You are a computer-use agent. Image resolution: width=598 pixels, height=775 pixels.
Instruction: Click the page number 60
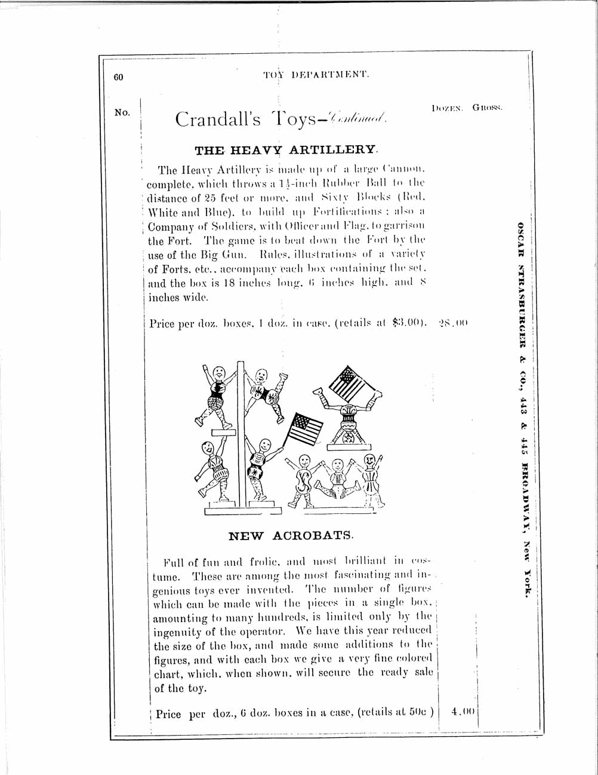pos(118,77)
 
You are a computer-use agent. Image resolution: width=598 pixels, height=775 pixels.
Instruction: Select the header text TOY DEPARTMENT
pos(316,75)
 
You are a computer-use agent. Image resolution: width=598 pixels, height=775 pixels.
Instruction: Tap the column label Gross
pos(488,108)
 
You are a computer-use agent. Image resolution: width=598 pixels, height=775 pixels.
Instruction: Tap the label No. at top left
pos(122,112)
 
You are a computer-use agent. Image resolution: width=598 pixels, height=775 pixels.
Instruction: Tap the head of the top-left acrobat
pos(218,372)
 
